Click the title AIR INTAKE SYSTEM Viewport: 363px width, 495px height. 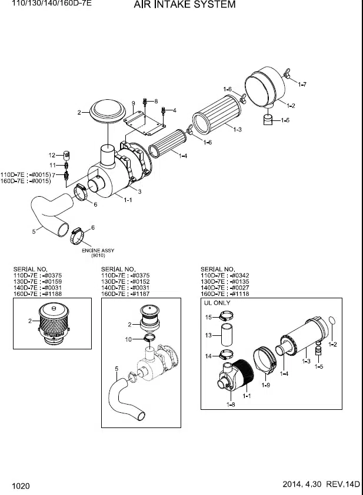pos(185,5)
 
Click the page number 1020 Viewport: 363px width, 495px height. pos(21,486)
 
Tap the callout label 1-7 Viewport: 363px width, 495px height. pos(302,85)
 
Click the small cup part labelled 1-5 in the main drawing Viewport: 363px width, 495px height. pos(268,120)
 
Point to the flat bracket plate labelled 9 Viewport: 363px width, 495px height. pos(144,123)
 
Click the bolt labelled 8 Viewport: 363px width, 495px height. pos(145,102)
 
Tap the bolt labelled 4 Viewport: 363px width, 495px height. pos(164,111)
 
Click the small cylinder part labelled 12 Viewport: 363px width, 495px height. pos(66,155)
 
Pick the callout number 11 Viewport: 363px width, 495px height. pos(52,165)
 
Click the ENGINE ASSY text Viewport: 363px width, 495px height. pos(98,251)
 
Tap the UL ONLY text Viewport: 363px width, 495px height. pos(217,303)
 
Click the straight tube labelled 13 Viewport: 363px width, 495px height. pos(227,335)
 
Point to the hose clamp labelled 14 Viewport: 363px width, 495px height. pos(227,356)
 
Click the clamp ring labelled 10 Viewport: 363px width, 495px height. pos(149,338)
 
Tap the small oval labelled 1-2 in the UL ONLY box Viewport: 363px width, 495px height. pos(332,320)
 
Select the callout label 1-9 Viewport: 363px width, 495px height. pos(265,385)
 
